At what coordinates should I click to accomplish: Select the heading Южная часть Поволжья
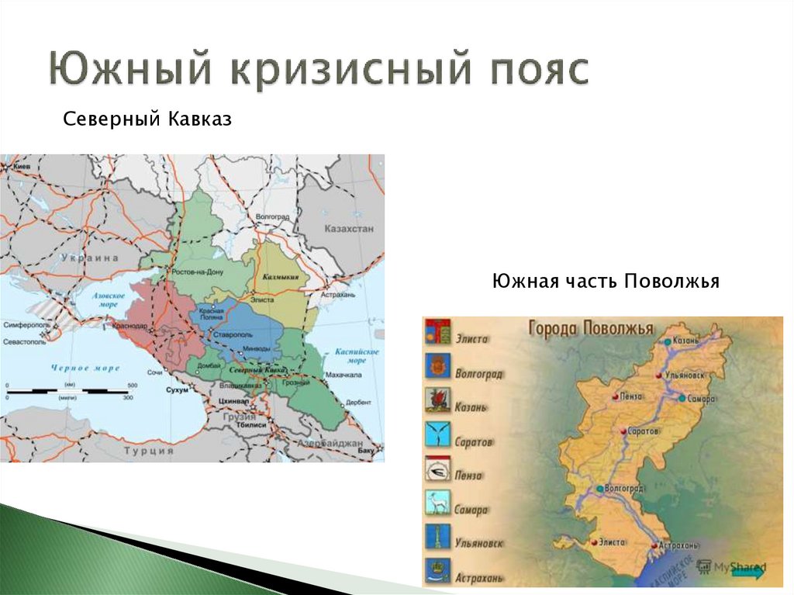point(606,280)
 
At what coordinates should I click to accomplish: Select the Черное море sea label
point(85,368)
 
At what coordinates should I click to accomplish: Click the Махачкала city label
point(343,375)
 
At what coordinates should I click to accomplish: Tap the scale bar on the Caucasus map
point(70,390)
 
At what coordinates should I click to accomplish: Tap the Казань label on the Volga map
point(688,341)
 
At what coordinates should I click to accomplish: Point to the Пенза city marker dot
point(615,396)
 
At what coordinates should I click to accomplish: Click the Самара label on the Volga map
point(699,398)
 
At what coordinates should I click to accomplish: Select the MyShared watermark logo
point(733,567)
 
